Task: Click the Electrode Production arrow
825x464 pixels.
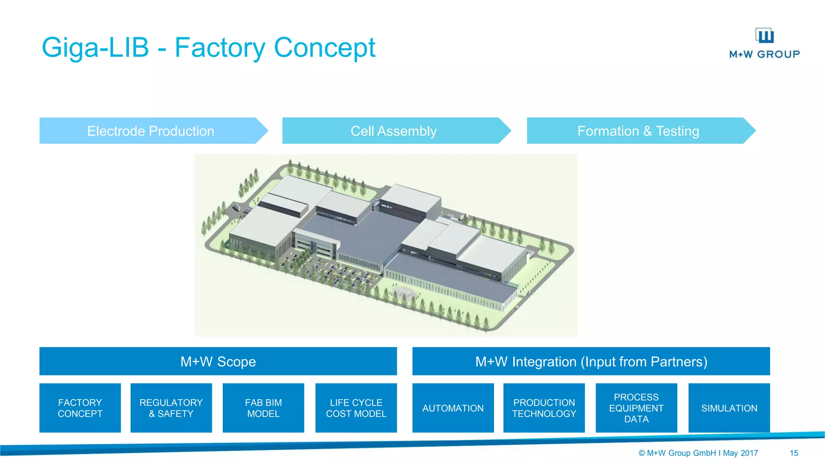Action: click(x=151, y=131)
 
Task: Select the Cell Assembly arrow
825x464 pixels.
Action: click(x=394, y=131)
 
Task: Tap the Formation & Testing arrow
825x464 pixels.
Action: click(x=638, y=131)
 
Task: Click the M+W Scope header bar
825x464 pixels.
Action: click(x=218, y=361)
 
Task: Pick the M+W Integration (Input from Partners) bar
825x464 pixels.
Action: click(x=591, y=361)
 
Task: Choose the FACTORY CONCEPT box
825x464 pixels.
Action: click(x=80, y=408)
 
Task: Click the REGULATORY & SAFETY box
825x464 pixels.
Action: click(x=171, y=408)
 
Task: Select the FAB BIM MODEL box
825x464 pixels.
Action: click(x=263, y=408)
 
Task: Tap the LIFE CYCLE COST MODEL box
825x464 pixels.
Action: click(x=356, y=408)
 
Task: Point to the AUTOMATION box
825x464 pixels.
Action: click(x=453, y=408)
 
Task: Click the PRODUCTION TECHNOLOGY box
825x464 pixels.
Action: click(x=544, y=408)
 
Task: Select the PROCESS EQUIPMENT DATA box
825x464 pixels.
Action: click(x=636, y=408)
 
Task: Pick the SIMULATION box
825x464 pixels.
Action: click(x=729, y=408)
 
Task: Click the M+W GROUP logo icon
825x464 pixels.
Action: click(x=764, y=35)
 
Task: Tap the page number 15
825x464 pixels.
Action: click(x=794, y=453)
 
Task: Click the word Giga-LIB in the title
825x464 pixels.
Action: click(x=95, y=48)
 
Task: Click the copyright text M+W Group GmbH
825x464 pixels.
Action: click(x=681, y=453)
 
